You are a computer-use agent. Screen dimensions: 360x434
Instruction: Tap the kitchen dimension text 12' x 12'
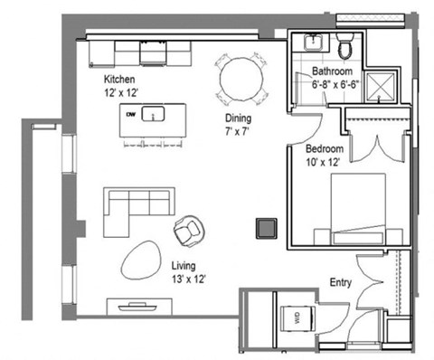tap(122, 91)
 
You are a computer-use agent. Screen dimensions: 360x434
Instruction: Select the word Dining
tap(239, 118)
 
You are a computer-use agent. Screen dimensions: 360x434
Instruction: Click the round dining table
tap(241, 79)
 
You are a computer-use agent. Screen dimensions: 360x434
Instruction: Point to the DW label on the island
tap(131, 114)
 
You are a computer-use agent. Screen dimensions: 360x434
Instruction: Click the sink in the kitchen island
tap(154, 115)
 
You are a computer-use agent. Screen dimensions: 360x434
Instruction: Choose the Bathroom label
tap(333, 71)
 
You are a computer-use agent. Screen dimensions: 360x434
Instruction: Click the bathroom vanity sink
tap(314, 42)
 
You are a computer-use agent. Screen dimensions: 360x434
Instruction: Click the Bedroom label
tap(323, 147)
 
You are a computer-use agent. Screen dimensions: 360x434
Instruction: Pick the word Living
tap(184, 266)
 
